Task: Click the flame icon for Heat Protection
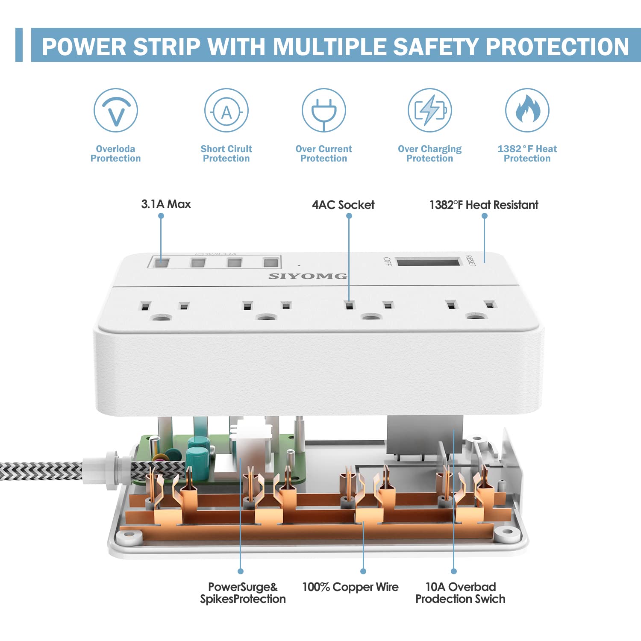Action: pos(527,110)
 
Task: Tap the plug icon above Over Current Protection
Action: pos(323,110)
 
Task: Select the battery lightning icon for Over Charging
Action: pos(429,110)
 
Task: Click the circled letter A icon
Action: pos(226,110)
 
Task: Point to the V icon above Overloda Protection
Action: pos(115,110)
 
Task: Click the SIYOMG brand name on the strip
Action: pos(308,276)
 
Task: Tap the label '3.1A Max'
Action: pos(166,204)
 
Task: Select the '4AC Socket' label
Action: pos(343,205)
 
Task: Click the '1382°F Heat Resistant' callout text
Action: pos(484,205)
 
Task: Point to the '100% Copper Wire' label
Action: pos(350,587)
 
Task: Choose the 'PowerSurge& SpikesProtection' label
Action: pos(243,593)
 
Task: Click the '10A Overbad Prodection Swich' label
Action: pos(460,593)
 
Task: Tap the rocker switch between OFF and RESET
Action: pos(429,261)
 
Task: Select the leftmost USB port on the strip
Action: pos(162,262)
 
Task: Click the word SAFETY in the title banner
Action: pos(435,47)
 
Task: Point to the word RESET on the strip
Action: pos(470,260)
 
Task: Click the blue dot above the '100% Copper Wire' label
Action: pos(363,571)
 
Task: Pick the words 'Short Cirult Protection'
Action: pos(226,153)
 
